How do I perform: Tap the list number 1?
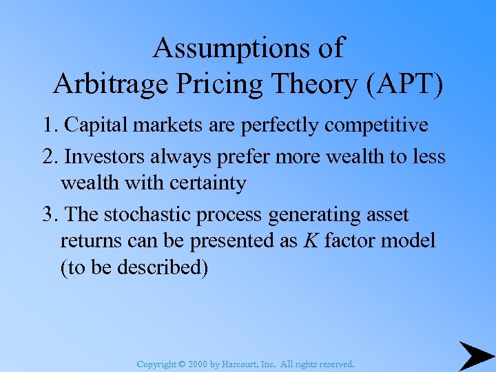[48, 125]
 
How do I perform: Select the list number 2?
[48, 157]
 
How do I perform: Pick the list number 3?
[48, 215]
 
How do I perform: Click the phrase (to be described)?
[134, 268]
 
